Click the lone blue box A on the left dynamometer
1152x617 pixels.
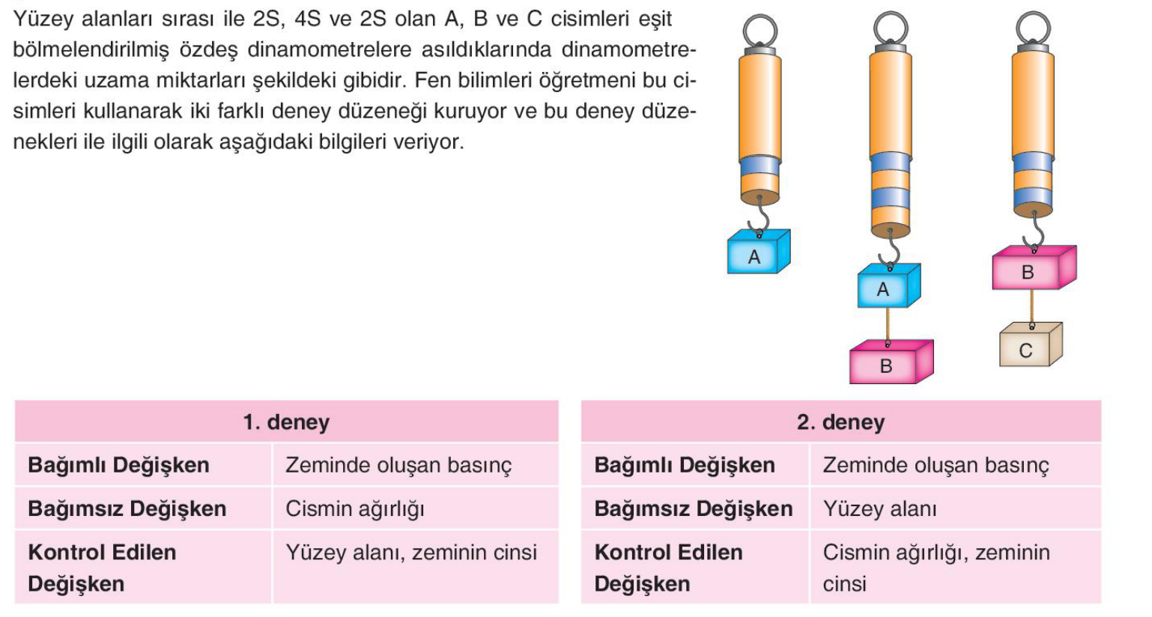coord(759,252)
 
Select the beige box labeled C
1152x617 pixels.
coord(1031,344)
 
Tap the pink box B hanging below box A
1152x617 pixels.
coord(891,362)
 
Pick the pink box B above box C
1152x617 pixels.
coord(1034,267)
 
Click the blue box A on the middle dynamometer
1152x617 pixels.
coord(888,285)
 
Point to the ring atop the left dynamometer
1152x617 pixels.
coord(760,30)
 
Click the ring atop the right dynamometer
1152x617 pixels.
coord(1033,27)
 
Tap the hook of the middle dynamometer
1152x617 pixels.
coord(890,250)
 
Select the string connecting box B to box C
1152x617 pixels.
coord(1031,308)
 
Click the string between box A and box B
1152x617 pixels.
coord(888,325)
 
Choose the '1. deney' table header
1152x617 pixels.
coord(286,422)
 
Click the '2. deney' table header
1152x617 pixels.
coord(841,422)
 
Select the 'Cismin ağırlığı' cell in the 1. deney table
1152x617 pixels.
coord(355,509)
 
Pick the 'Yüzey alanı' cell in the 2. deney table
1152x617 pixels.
coord(880,509)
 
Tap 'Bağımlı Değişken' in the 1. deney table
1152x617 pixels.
coord(119,465)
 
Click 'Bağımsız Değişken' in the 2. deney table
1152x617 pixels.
coord(694,509)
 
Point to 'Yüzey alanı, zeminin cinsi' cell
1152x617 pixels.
coord(411,553)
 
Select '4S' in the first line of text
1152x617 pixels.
coord(308,19)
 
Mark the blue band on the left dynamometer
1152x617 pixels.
coord(760,166)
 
